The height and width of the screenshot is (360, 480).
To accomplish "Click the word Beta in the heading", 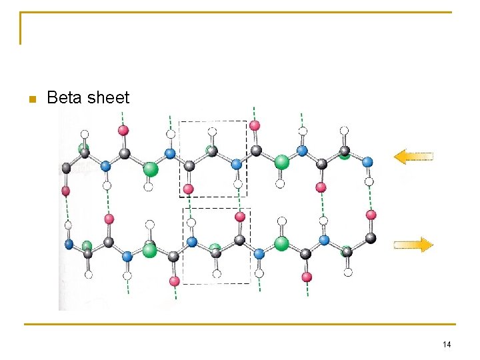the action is tap(64, 98).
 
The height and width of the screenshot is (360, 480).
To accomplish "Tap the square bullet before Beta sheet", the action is tap(30, 99).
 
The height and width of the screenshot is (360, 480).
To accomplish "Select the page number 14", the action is tap(447, 344).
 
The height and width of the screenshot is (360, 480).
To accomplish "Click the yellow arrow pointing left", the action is tap(413, 157).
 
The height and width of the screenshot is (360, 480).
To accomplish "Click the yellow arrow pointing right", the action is tap(413, 245).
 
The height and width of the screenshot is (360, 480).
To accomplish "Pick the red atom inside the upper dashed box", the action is tap(189, 189).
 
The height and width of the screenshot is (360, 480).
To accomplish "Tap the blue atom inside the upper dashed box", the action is tap(236, 163).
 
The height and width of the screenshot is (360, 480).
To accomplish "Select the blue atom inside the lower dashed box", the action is tap(193, 242).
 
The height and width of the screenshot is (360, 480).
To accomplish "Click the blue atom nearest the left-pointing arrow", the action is tap(367, 161).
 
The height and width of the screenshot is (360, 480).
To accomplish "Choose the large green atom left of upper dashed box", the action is tap(151, 169).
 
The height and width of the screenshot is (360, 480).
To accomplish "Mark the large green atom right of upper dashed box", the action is tap(282, 162).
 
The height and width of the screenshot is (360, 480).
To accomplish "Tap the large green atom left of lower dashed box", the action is tap(150, 250).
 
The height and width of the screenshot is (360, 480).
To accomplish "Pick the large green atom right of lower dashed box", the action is tap(281, 243).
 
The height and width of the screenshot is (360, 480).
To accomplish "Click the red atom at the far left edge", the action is tap(65, 191).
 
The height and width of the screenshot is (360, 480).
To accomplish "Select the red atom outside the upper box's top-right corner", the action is tap(255, 125).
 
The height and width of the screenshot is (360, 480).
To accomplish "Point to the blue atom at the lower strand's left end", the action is tap(69, 244).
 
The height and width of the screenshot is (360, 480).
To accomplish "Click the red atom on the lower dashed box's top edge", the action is tap(240, 217).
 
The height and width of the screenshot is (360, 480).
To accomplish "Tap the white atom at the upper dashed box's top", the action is tap(212, 131).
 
